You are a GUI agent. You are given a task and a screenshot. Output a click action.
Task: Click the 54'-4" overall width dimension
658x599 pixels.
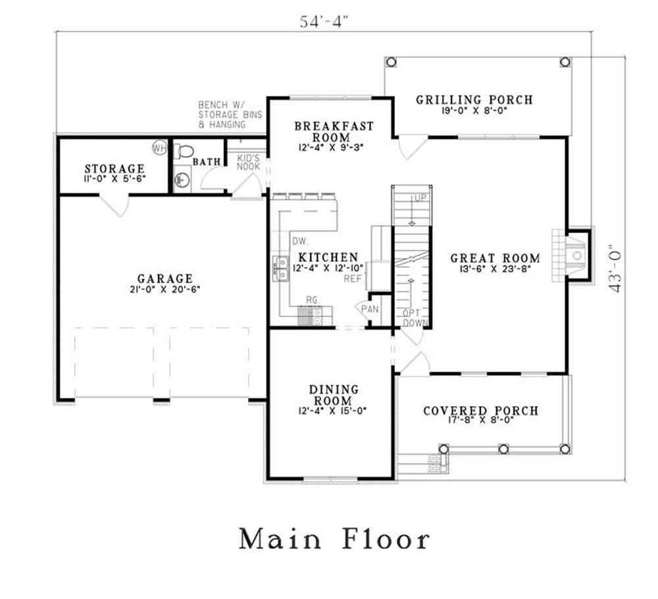(x=324, y=21)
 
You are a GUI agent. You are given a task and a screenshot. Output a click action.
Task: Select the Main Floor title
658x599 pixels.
(x=334, y=538)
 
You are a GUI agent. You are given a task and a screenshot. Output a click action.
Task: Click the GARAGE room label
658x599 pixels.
(x=165, y=278)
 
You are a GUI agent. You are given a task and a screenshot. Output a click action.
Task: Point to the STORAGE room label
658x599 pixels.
(x=114, y=169)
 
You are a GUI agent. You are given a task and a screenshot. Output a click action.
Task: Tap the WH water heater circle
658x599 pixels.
(x=159, y=147)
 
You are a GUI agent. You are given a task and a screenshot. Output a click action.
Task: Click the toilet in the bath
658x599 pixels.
(x=184, y=151)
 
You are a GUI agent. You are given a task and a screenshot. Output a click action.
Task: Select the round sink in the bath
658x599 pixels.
(x=182, y=180)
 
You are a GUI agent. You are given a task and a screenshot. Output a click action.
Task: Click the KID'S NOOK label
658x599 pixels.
(x=249, y=163)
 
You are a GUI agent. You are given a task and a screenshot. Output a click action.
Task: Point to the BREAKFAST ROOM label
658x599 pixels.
(x=334, y=132)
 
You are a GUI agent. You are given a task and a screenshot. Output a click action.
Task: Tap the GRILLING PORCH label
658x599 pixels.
(x=474, y=100)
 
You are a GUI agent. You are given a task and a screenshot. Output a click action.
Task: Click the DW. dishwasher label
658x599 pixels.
(x=301, y=241)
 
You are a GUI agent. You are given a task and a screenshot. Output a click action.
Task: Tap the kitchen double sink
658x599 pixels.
(x=281, y=269)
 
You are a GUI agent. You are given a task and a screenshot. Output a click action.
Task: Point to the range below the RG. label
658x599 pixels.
(x=310, y=316)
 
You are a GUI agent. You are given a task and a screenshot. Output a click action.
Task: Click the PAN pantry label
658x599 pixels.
(x=370, y=309)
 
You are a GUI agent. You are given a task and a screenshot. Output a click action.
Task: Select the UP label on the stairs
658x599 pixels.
(x=420, y=198)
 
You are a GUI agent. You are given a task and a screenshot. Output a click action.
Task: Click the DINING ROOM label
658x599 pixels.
(x=334, y=395)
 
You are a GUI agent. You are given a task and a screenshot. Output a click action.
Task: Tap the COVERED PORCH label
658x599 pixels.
(x=480, y=411)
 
